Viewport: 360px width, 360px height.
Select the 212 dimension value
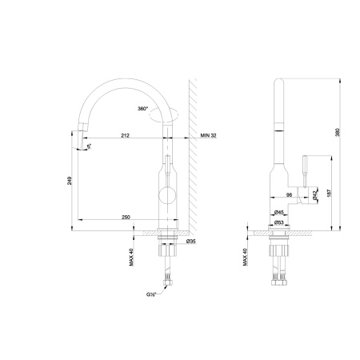click(x=126, y=135)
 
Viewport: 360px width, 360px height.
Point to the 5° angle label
click(x=90, y=146)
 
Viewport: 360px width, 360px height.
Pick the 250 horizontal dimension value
click(x=126, y=216)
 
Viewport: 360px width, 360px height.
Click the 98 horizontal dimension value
click(x=287, y=194)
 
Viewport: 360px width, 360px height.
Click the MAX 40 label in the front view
click(x=131, y=256)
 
